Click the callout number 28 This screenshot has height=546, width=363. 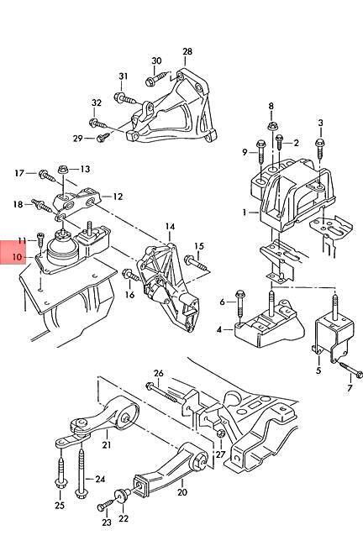pos(187,51)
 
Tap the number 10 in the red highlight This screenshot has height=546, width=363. pos(17,257)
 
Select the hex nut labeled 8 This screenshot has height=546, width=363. pos(271,126)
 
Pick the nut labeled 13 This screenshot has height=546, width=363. pos(63,170)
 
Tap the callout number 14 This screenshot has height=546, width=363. pos(170,227)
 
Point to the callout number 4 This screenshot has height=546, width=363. pos(218,329)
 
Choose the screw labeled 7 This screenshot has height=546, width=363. pos(350,370)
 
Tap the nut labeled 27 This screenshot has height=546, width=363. pos(220,434)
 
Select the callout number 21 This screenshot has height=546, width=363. pos(107,444)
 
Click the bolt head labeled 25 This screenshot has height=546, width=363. pos(60,484)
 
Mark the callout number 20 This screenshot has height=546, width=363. pos(182,492)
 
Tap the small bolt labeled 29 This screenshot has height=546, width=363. pos(103,137)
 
